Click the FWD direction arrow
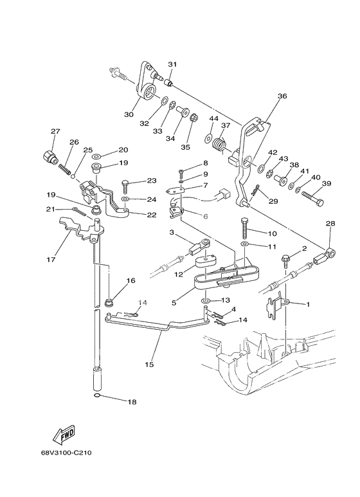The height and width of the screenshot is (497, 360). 64,434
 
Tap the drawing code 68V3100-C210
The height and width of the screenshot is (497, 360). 66,453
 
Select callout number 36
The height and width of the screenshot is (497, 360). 282,96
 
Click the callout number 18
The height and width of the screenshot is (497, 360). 132,402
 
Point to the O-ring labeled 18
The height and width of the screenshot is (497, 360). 98,395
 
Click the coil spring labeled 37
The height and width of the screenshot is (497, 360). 219,143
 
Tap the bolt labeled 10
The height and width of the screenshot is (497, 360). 246,228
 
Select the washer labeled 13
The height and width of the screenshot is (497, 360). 205,300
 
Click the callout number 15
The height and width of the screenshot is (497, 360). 149,365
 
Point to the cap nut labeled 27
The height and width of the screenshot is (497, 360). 49,156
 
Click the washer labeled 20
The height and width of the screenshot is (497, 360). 96,156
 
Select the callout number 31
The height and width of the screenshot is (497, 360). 172,64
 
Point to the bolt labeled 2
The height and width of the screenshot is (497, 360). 285,260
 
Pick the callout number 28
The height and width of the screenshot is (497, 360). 330,224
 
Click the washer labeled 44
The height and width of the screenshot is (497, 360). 209,138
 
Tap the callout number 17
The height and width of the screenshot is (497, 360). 51,260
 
